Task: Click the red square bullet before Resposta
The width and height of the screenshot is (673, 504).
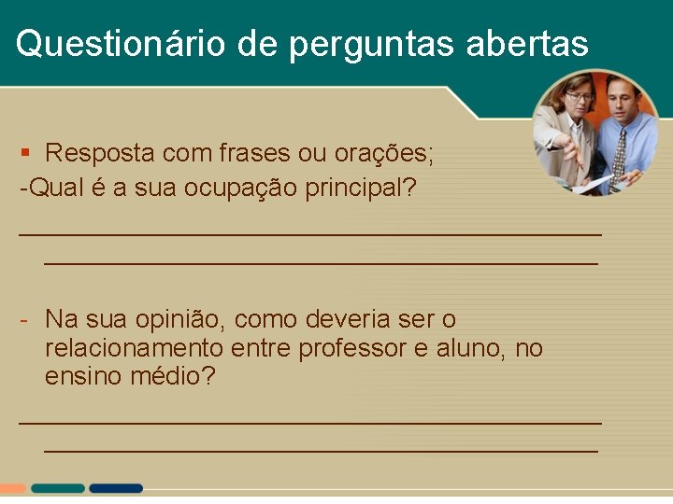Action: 26,152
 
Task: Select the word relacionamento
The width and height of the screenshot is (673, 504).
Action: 134,349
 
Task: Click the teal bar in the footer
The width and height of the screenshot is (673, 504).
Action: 57,488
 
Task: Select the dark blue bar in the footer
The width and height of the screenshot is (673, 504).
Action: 116,488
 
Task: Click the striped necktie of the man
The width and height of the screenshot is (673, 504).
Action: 619,154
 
